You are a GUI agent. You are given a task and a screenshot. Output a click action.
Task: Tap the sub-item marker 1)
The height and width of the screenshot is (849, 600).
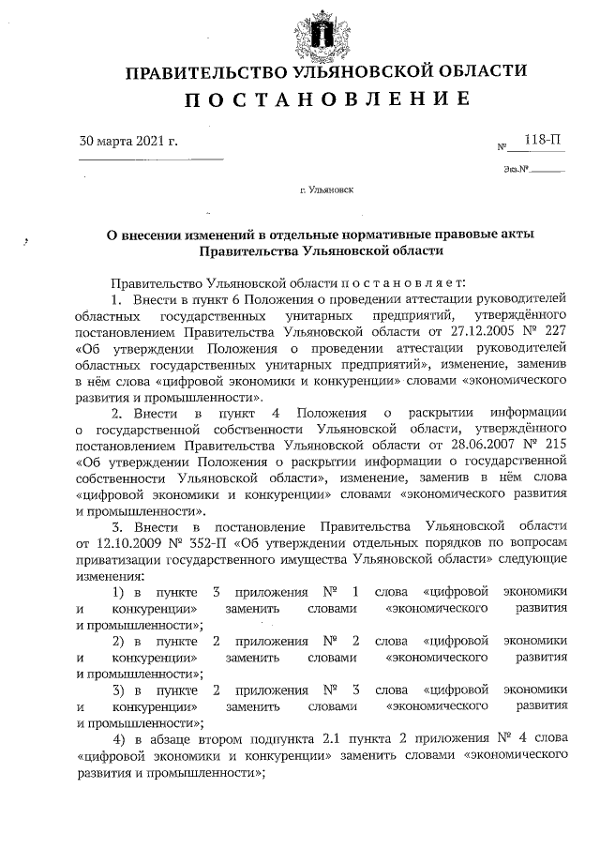tap(120, 592)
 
